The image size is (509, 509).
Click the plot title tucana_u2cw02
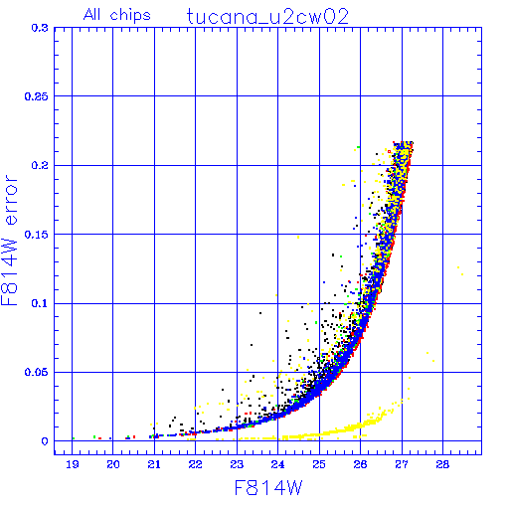pos(267,17)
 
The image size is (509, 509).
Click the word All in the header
pos(91,14)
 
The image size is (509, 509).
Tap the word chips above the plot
pos(130,16)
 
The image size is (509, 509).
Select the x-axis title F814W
pos(268,487)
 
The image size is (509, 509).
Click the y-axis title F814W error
pos(9,241)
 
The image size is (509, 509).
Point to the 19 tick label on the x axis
pos(73,464)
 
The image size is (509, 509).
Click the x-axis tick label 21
pos(154,464)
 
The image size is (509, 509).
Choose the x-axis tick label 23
pos(237,464)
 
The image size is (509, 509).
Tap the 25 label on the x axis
pos(319,464)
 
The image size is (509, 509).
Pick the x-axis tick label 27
pos(402,464)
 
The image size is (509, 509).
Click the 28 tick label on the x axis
pos(442,464)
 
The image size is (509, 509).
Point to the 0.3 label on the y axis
pos(40,28)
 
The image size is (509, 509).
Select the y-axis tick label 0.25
pos(37,96)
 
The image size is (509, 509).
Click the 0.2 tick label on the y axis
pos(40,165)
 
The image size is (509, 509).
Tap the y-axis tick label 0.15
pos(37,235)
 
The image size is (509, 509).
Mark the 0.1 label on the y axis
pos(40,303)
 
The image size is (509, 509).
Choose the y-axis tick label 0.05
pos(37,372)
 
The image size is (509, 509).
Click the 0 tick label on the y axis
pos(45,441)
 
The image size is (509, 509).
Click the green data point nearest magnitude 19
pos(74,438)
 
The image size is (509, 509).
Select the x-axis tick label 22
pos(195,464)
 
